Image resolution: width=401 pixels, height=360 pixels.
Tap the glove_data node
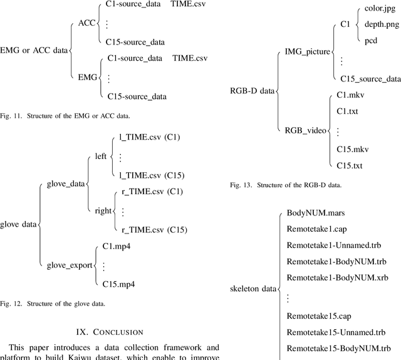point(66,185)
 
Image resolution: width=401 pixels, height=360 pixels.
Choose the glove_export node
point(68,265)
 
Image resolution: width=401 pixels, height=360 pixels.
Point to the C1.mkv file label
point(350,95)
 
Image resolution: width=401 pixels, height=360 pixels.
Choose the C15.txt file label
point(350,165)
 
